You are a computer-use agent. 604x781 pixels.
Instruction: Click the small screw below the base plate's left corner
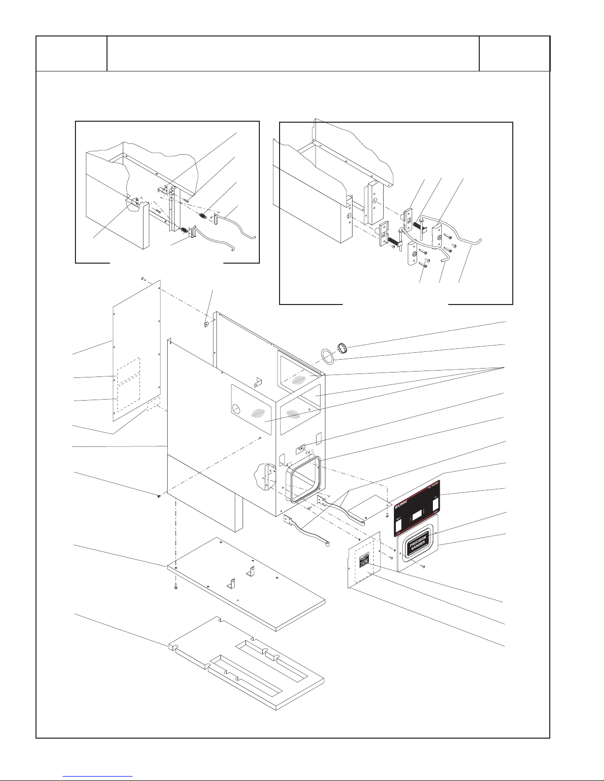tap(175, 588)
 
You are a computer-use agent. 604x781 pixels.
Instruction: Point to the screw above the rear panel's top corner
tap(142, 279)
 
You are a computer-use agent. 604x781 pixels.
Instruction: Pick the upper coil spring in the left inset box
tap(203, 215)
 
